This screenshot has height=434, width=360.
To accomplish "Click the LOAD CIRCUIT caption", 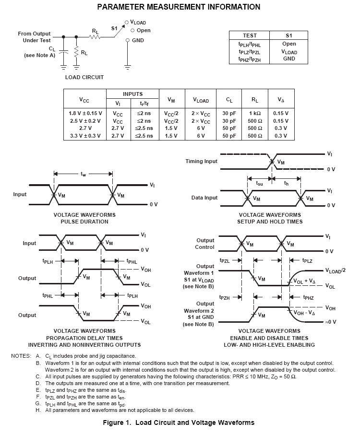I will (84, 77).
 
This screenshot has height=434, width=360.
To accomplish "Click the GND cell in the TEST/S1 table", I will (289, 59).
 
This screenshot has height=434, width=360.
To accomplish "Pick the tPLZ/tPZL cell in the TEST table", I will (250, 51).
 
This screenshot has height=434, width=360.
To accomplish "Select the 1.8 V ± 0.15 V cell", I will (85, 114).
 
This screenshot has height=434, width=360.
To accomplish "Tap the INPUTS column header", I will (132, 94).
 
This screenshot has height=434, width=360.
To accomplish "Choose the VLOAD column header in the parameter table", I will (201, 100).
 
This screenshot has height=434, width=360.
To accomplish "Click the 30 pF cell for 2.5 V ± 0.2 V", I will (228, 121).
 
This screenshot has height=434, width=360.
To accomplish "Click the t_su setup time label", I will (260, 183).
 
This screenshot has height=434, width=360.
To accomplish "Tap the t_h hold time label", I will (287, 183).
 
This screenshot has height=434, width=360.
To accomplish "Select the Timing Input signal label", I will (201, 161).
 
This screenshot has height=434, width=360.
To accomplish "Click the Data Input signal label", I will (204, 198).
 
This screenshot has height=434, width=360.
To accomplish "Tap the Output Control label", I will (204, 244).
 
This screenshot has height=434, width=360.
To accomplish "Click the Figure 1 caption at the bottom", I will (179, 422).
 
